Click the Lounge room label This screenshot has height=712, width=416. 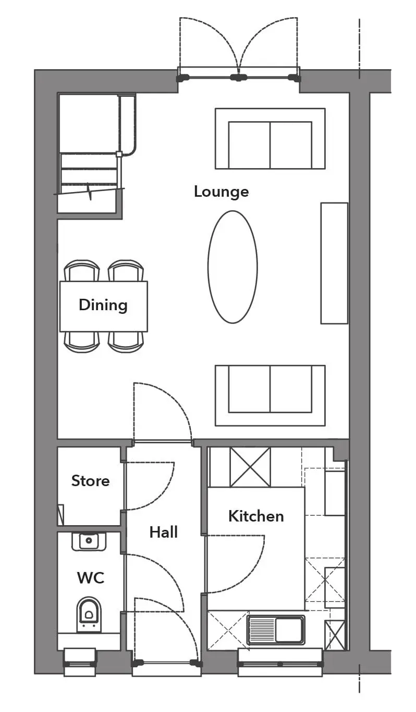221,192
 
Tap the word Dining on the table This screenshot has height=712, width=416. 103,305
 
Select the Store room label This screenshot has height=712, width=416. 90,480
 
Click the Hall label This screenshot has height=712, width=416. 164,532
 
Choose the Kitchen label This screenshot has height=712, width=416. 256,516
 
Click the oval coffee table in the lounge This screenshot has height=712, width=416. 233,267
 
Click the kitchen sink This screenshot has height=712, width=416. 276,630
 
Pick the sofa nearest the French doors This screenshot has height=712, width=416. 270,138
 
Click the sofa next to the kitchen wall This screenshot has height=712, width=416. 270,396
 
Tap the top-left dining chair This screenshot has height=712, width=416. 82,271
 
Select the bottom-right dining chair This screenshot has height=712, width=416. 126,342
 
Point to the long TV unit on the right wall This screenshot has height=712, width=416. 334,263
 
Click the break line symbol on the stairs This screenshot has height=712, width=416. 90,191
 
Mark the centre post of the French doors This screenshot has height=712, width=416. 238,77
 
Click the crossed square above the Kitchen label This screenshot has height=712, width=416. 250,467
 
